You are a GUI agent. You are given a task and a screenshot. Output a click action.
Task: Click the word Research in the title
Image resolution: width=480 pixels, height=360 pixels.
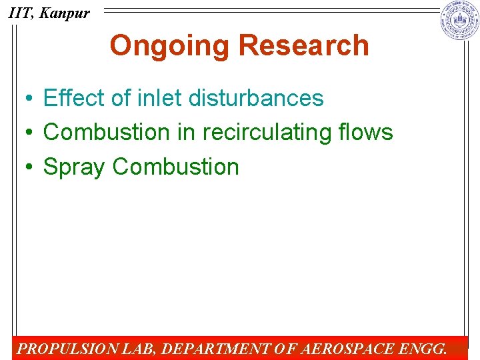coord(303,46)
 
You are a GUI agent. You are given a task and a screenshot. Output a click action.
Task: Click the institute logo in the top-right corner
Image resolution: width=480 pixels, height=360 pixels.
coord(459,21)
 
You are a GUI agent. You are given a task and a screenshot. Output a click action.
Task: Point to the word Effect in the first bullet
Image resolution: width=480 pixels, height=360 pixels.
coord(74,98)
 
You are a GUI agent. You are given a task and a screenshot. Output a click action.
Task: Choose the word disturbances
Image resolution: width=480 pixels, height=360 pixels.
coord(256,98)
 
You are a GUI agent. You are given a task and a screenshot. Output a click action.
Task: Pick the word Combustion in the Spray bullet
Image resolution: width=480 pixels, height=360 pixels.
coord(176,167)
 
